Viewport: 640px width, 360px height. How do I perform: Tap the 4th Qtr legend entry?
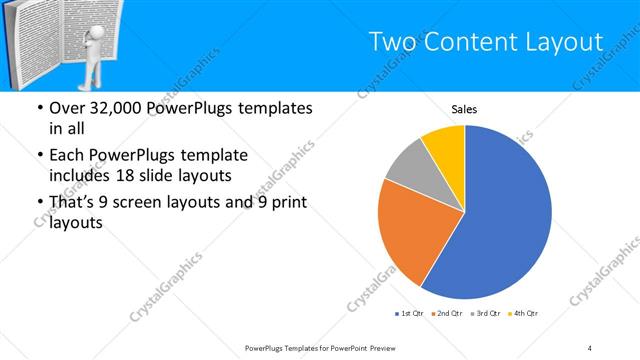525,314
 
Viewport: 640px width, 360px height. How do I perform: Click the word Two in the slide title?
391,42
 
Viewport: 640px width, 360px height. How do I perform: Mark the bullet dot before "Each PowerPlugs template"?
39,156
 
